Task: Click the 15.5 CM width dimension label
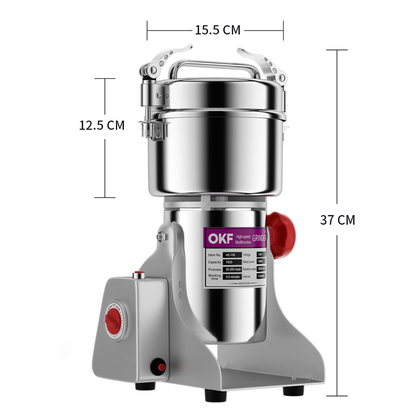[217, 30]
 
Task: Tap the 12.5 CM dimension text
[102, 125]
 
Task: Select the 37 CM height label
[337, 220]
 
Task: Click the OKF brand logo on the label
[218, 239]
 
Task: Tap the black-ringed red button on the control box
[159, 367]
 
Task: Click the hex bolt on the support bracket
[161, 237]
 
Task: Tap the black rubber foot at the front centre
[215, 395]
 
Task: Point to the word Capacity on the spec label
[214, 262]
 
